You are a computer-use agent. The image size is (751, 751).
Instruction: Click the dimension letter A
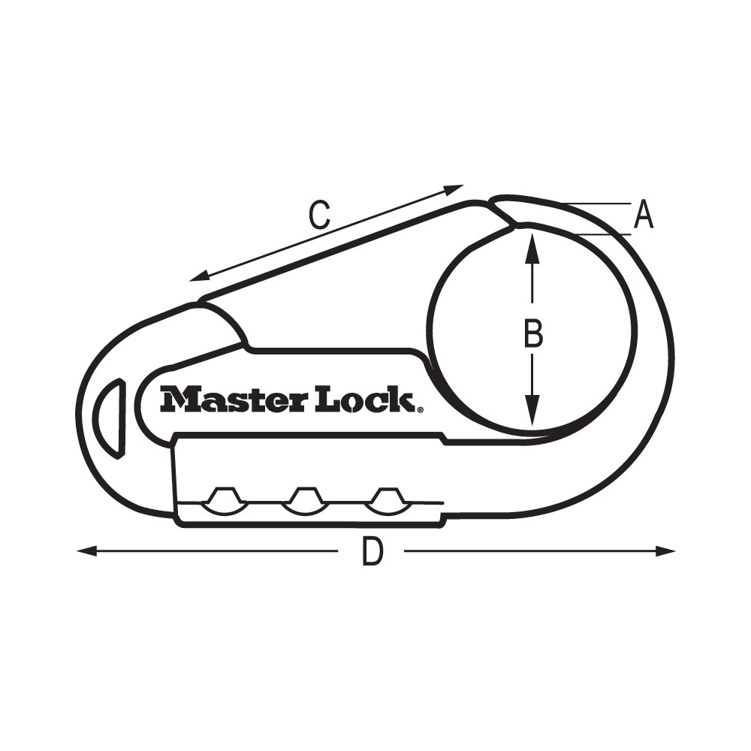pos(644,216)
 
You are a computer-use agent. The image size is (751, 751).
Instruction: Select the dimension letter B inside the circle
pos(532,333)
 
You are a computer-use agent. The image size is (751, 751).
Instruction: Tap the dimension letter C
pos(320,216)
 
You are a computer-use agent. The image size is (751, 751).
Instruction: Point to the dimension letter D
pos(372,553)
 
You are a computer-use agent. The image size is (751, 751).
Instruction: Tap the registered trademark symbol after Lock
pos(419,409)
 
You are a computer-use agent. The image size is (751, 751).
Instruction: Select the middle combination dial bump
pos(303,500)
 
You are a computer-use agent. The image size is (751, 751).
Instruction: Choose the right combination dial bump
pos(385,500)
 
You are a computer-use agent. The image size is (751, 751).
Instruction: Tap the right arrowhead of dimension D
pos(665,551)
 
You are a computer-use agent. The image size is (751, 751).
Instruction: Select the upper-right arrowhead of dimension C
pos(454,189)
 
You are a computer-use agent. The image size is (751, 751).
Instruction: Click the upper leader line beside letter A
pos(597,204)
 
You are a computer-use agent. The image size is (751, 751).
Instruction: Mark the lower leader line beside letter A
pos(605,235)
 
